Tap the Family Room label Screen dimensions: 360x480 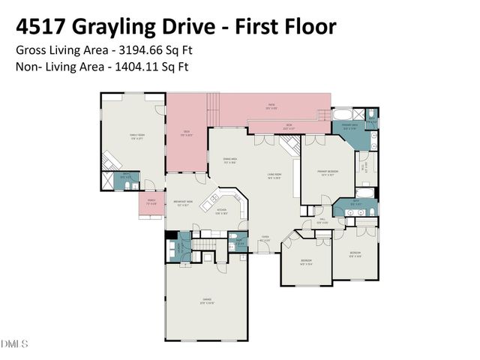137,136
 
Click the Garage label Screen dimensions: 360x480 206,301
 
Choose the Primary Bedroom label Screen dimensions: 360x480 326,172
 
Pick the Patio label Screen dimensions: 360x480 271,106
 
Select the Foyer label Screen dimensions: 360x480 265,238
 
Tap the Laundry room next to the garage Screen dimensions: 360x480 238,242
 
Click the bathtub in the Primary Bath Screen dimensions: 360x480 342,116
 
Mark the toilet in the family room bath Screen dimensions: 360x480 128,184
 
